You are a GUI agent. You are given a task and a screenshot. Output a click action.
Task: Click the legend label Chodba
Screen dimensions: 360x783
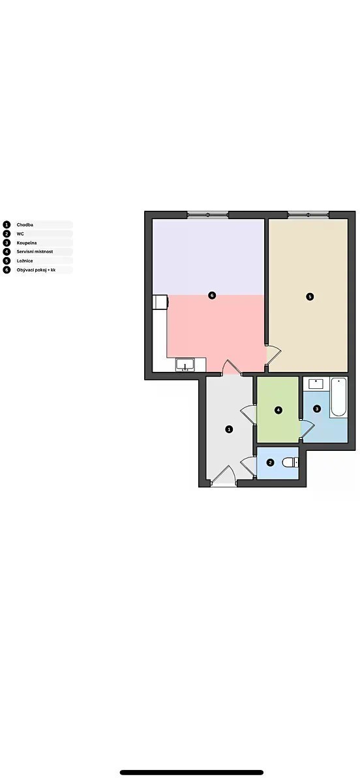pos(25,224)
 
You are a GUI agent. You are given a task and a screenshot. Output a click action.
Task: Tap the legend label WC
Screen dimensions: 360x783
pos(20,234)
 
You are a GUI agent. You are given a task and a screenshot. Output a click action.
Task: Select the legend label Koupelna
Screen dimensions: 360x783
pos(27,243)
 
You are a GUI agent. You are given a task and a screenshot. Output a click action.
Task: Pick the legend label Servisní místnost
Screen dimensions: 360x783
pos(35,252)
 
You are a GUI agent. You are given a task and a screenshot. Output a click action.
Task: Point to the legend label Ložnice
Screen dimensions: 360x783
pos(25,261)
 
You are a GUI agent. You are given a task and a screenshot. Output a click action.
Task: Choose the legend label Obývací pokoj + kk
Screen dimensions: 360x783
pos(36,270)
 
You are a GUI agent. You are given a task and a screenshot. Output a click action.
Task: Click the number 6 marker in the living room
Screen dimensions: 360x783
pos(211,296)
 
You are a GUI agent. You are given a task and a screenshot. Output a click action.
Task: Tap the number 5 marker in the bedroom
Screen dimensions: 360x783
pos(310,297)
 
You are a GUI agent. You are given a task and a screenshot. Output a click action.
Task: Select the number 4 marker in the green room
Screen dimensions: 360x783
pos(278,410)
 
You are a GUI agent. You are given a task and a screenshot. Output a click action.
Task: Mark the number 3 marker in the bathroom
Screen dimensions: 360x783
pos(317,408)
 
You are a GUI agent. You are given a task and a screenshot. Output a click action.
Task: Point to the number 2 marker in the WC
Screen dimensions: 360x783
pos(270,463)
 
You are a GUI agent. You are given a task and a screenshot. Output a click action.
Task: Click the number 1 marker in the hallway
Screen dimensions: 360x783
pos(229,429)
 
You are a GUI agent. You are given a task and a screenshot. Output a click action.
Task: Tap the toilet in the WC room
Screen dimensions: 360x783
pos(290,463)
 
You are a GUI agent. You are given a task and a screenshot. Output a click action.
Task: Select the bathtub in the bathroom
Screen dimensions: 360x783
pos(338,397)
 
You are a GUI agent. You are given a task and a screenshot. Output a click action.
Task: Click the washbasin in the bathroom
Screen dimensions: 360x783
pos(316,384)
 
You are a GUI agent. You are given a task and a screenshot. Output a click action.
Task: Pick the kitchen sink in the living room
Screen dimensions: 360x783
pos(185,365)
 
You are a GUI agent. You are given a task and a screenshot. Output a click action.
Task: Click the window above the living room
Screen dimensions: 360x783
pos(207,215)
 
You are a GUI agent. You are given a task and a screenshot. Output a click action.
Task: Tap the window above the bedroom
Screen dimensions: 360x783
pos(308,215)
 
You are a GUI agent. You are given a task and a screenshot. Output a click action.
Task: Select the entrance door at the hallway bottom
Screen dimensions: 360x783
pos(224,476)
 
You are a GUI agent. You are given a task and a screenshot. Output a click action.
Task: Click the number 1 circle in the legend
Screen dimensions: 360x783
pos(7,224)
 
